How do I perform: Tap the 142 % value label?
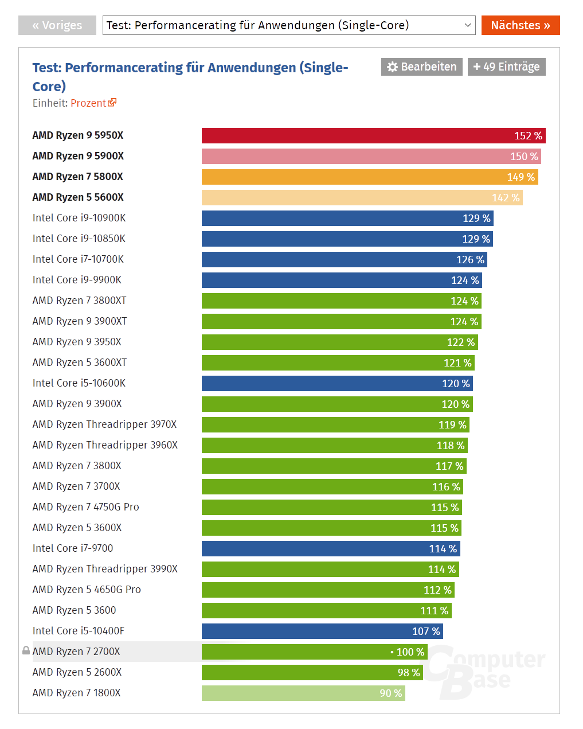[506, 198]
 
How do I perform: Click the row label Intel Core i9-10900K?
[79, 218]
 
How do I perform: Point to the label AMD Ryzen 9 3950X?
[77, 342]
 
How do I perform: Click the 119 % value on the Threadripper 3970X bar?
[452, 425]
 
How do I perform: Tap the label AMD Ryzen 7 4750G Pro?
[86, 507]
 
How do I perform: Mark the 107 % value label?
[426, 631]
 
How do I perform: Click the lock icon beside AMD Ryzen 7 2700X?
[26, 651]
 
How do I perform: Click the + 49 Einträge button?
[506, 67]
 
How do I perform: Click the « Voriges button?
[57, 25]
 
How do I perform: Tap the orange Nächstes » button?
[520, 25]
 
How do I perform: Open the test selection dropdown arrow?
[468, 25]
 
